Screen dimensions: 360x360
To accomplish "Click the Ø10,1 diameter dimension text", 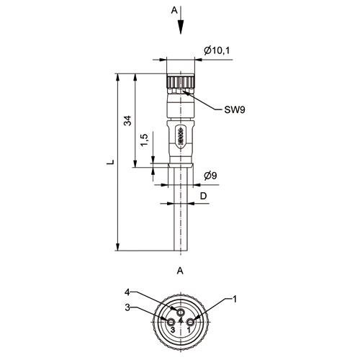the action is pyautogui.click(x=217, y=50).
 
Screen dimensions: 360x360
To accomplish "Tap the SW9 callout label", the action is pyautogui.click(x=235, y=110).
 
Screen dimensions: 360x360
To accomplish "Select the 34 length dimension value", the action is pyautogui.click(x=127, y=120).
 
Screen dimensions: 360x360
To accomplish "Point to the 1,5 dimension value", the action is pyautogui.click(x=144, y=140).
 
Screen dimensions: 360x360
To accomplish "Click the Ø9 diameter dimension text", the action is pyautogui.click(x=210, y=176).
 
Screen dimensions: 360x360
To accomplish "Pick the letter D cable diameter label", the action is pyautogui.click(x=203, y=196).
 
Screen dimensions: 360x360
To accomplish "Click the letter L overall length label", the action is pyautogui.click(x=110, y=162).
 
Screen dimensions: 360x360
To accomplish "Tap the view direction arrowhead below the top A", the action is pyautogui.click(x=181, y=27).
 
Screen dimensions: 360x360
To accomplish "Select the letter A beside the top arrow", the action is pyautogui.click(x=174, y=10).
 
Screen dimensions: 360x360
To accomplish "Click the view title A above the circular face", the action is pyautogui.click(x=180, y=271).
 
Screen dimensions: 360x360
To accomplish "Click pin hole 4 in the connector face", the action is pyautogui.click(x=181, y=312).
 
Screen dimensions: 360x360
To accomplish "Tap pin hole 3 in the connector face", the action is pyautogui.click(x=171, y=322).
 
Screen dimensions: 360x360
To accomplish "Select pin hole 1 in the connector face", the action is pyautogui.click(x=191, y=322).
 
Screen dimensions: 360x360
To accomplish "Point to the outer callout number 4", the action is pyautogui.click(x=127, y=292).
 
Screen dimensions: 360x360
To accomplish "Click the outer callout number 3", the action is pyautogui.click(x=127, y=307).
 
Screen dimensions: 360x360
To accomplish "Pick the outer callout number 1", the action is pyautogui.click(x=235, y=299).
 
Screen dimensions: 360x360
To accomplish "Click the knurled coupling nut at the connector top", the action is pyautogui.click(x=180, y=82).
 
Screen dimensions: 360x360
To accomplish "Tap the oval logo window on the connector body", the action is pyautogui.click(x=181, y=138).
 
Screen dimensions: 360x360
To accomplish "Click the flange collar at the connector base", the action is pyautogui.click(x=181, y=165).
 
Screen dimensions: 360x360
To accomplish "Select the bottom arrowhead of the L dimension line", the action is pyautogui.click(x=117, y=247).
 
